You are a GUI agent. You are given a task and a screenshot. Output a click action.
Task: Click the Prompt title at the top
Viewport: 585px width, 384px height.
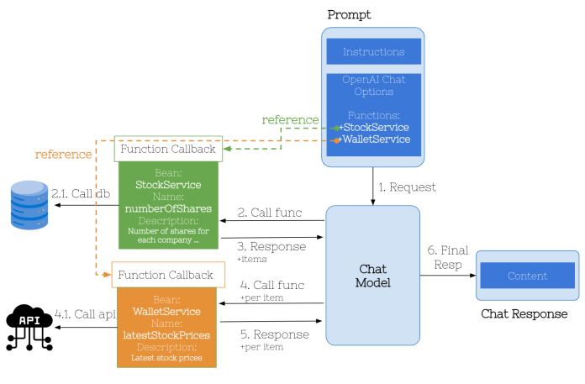(349, 14)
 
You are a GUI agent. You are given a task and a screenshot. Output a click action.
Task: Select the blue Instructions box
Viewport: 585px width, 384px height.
(373, 52)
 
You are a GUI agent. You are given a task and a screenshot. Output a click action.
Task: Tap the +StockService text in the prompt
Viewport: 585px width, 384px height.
(374, 127)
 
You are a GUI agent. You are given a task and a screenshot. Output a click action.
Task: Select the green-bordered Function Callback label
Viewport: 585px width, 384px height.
(168, 149)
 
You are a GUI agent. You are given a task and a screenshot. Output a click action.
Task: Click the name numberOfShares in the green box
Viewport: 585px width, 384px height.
(169, 208)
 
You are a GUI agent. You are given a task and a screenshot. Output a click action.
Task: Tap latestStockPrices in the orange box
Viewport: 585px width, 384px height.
(166, 334)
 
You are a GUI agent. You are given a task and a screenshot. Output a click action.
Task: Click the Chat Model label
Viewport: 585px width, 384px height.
(372, 275)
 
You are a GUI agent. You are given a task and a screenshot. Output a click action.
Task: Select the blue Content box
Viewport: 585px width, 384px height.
(527, 276)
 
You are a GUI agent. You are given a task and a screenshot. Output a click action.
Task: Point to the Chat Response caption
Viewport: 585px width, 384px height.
(524, 313)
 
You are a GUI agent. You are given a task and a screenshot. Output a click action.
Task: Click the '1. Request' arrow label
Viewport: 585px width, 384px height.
(408, 187)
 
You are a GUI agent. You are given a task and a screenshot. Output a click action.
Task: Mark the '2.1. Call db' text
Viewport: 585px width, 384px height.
(81, 193)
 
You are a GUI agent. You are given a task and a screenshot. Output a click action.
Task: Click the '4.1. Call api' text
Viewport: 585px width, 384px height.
(85, 313)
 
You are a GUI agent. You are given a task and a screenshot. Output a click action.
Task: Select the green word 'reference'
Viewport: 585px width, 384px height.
(290, 120)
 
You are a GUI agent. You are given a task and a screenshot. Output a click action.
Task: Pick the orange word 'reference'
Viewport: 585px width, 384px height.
(63, 155)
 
